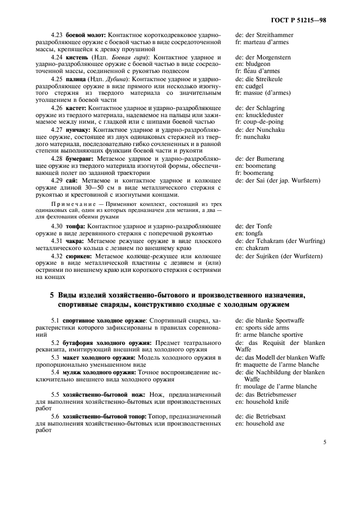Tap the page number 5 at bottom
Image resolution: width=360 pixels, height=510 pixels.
pos(325,442)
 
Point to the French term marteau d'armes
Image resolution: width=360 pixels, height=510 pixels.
pos(262,42)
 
